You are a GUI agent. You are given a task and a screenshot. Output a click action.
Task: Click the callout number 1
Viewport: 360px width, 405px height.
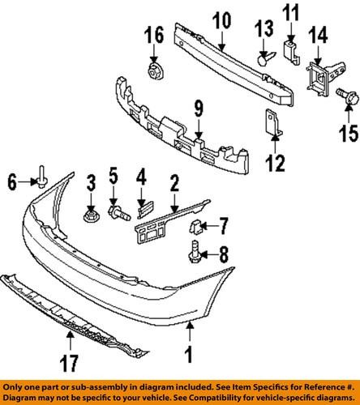(190, 353)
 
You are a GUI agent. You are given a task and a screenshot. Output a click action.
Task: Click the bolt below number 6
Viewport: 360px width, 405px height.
(41, 198)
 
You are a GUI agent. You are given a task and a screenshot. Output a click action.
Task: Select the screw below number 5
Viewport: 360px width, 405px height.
(118, 214)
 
